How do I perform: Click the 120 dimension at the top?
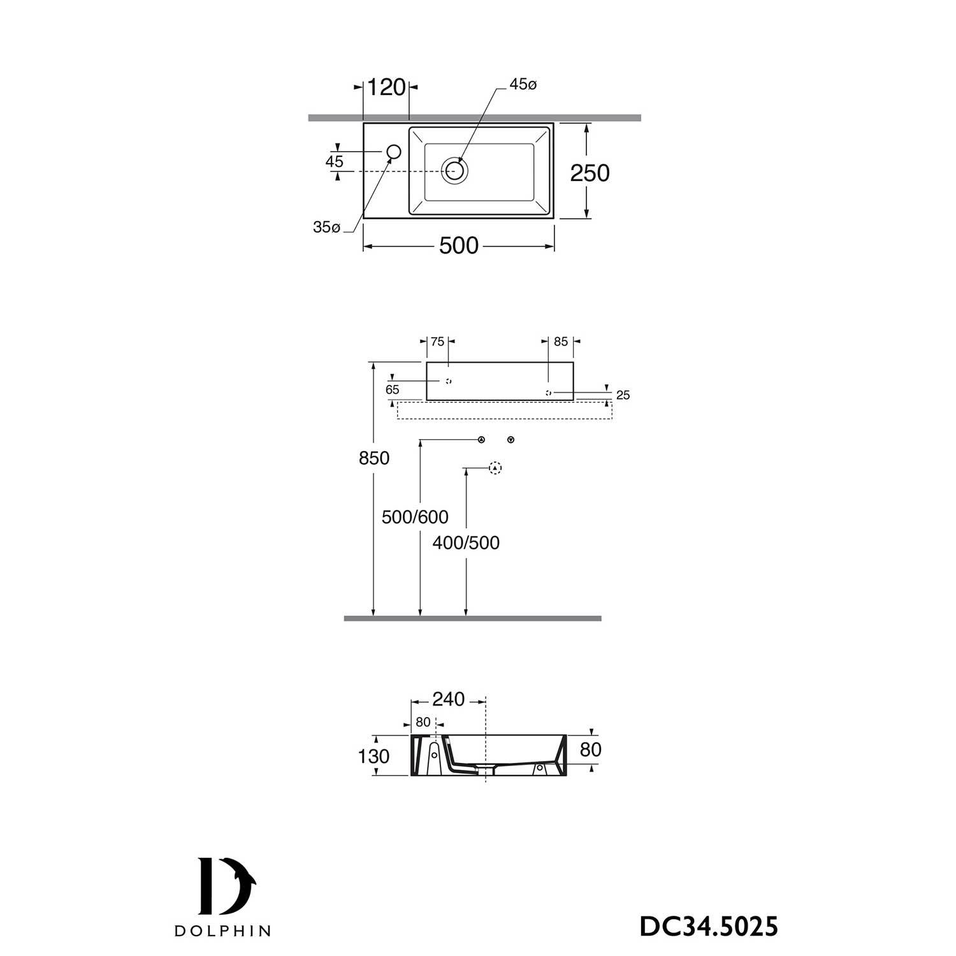pos(387,87)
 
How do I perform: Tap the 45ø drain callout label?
pos(523,85)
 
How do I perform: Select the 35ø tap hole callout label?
pos(326,228)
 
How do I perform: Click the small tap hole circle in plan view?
pos(394,152)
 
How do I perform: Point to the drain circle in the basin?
pos(455,171)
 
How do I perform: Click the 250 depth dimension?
pos(590,173)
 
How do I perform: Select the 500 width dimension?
pos(458,245)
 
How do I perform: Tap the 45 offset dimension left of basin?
pos(334,162)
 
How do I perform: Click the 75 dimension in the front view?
pos(437,342)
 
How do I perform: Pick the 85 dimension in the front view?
pos(560,342)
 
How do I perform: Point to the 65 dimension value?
pos(392,390)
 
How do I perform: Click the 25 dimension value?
pos(623,396)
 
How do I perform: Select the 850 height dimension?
pos(373,458)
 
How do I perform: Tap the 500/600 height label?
pos(415,517)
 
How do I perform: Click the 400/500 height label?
pos(466,543)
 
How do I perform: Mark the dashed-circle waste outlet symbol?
pos(495,468)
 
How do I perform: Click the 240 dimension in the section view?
pos(448,700)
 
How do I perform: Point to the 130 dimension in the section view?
pos(373,757)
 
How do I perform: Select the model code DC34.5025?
pos(708,927)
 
